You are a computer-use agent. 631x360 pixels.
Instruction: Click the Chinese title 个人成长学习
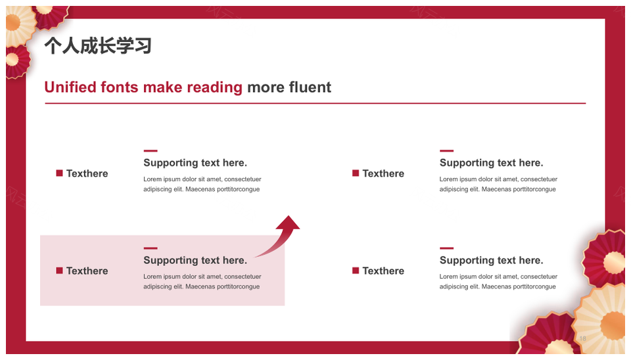point(98,45)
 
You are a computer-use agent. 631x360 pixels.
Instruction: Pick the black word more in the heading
point(266,87)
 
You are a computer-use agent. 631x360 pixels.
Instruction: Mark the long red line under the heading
point(315,103)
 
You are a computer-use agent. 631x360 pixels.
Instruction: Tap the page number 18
point(583,338)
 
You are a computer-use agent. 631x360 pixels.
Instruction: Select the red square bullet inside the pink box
point(59,270)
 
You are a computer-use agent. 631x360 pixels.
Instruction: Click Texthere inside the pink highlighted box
point(87,271)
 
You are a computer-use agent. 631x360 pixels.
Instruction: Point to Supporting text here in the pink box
point(195,260)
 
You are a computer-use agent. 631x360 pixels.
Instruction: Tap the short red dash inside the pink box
point(151,248)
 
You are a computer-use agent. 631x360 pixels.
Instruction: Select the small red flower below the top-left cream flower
point(16,60)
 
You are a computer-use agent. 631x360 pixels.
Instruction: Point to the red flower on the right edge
point(605,258)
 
